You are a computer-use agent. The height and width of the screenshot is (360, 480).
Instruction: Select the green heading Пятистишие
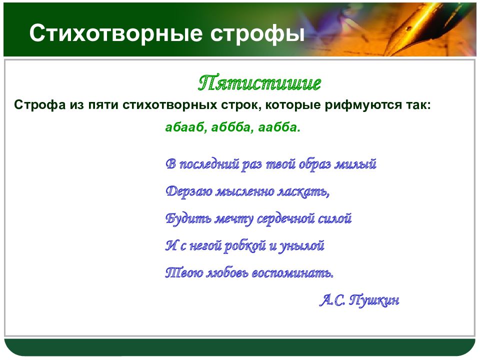pos(259,82)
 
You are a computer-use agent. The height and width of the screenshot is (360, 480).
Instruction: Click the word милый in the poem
pos(355,164)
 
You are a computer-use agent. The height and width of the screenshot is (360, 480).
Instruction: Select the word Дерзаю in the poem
pos(189,192)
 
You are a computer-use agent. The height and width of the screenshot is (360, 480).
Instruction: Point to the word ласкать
pos(303,192)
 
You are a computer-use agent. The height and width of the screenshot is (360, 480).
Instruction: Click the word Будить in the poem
pos(188,219)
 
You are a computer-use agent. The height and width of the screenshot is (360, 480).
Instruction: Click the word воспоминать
pos(292,273)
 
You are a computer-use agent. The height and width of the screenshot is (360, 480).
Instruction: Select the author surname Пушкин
pos(374,300)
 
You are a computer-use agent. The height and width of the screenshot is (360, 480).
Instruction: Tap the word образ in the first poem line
pos(314,164)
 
